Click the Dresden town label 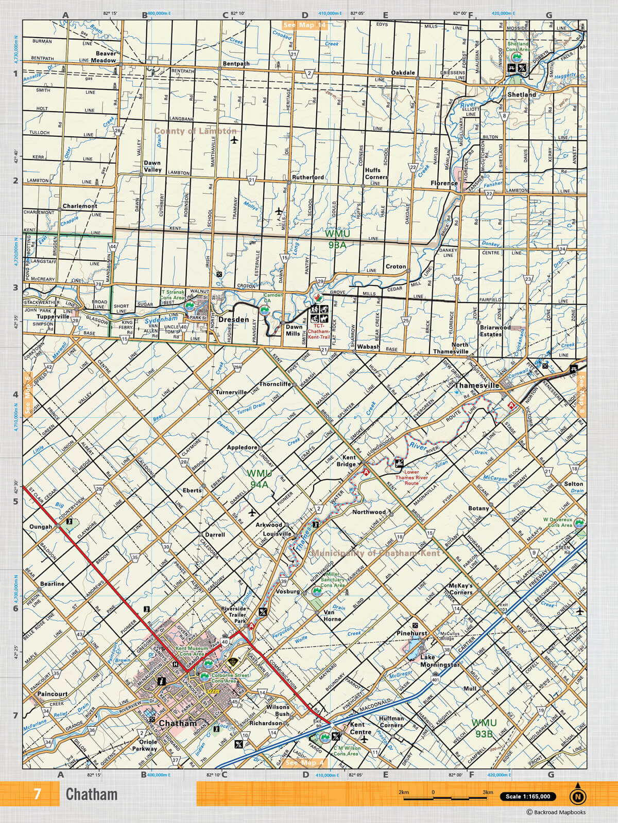pyautogui.click(x=233, y=319)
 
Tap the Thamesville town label pyautogui.click(x=477, y=385)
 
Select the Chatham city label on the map pyautogui.click(x=178, y=723)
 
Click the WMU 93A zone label pyautogui.click(x=337, y=239)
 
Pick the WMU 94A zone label pyautogui.click(x=259, y=478)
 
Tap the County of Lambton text pyautogui.click(x=195, y=131)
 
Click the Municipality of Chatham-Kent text pyautogui.click(x=375, y=553)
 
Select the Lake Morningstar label pyautogui.click(x=439, y=661)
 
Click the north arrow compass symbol pyautogui.click(x=577, y=796)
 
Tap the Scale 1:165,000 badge pyautogui.click(x=528, y=796)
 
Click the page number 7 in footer pyautogui.click(x=37, y=794)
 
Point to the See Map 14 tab pyautogui.click(x=304, y=25)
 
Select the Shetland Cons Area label pyautogui.click(x=518, y=47)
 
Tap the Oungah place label pyautogui.click(x=41, y=527)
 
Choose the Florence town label pyautogui.click(x=444, y=183)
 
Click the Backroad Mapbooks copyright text pyautogui.click(x=556, y=813)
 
